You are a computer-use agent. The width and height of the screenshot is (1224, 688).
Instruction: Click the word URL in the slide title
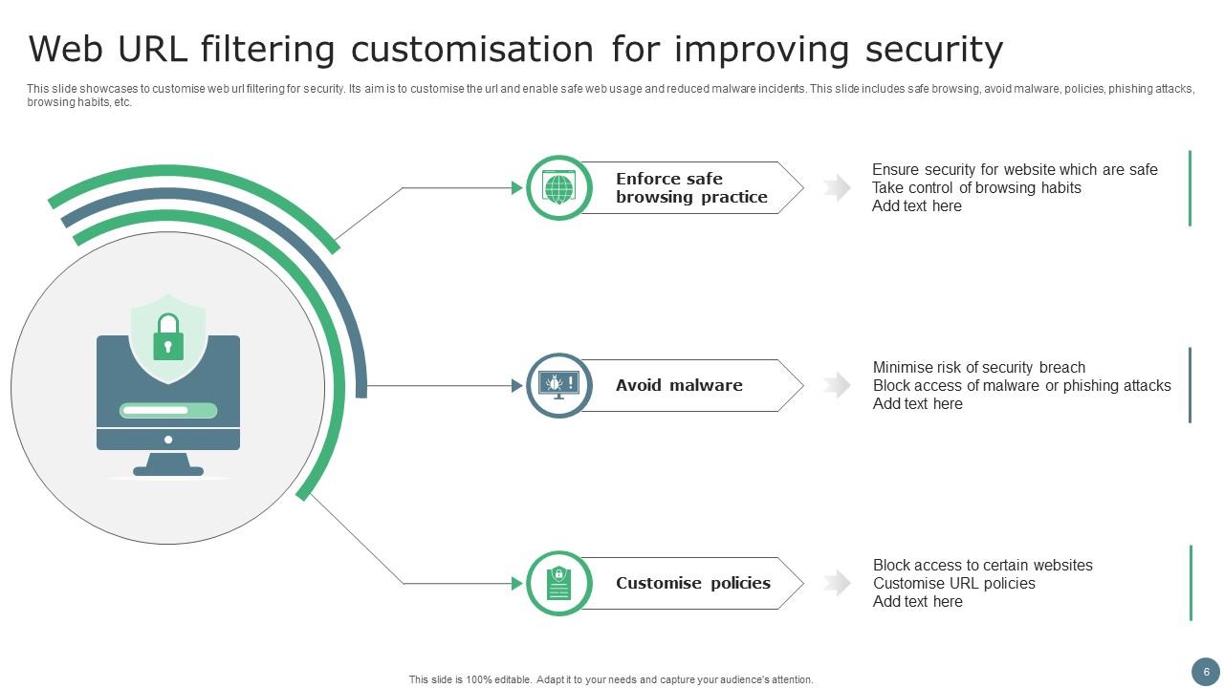[x=152, y=49]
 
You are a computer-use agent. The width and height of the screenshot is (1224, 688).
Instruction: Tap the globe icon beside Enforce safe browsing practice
[x=558, y=187]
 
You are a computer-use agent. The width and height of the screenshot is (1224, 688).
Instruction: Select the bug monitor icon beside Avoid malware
[x=558, y=385]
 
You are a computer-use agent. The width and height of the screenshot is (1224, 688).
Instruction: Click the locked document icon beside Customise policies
[x=558, y=583]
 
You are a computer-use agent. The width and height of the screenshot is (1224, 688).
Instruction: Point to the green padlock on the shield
[x=168, y=337]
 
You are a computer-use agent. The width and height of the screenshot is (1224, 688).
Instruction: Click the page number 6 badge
[x=1206, y=672]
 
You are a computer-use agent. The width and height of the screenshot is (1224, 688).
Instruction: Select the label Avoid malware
[x=679, y=385]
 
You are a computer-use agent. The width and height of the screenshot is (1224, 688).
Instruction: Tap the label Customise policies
[x=693, y=583]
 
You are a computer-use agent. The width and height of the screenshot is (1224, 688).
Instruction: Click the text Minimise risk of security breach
[x=978, y=367]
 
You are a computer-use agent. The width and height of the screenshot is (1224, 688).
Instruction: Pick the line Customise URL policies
[x=953, y=583]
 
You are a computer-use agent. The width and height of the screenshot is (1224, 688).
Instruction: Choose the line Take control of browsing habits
[x=976, y=188]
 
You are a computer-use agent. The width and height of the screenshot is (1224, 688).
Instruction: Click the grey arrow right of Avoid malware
[x=837, y=385]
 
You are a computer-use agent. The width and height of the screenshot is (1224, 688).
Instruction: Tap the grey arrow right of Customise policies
[x=837, y=583]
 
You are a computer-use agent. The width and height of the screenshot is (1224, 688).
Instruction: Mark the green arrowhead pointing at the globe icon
[x=517, y=188]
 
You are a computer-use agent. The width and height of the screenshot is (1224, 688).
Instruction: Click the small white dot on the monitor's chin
[x=168, y=440]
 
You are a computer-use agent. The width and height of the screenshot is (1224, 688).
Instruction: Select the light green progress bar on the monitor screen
[x=168, y=410]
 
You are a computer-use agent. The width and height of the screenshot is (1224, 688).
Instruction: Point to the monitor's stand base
[x=168, y=471]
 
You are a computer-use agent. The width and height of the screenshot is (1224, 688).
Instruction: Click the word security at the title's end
[x=934, y=51]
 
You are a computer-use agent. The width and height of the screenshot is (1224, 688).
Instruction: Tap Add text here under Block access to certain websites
[x=917, y=601]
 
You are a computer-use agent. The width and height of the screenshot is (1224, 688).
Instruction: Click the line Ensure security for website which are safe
[x=1015, y=170]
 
